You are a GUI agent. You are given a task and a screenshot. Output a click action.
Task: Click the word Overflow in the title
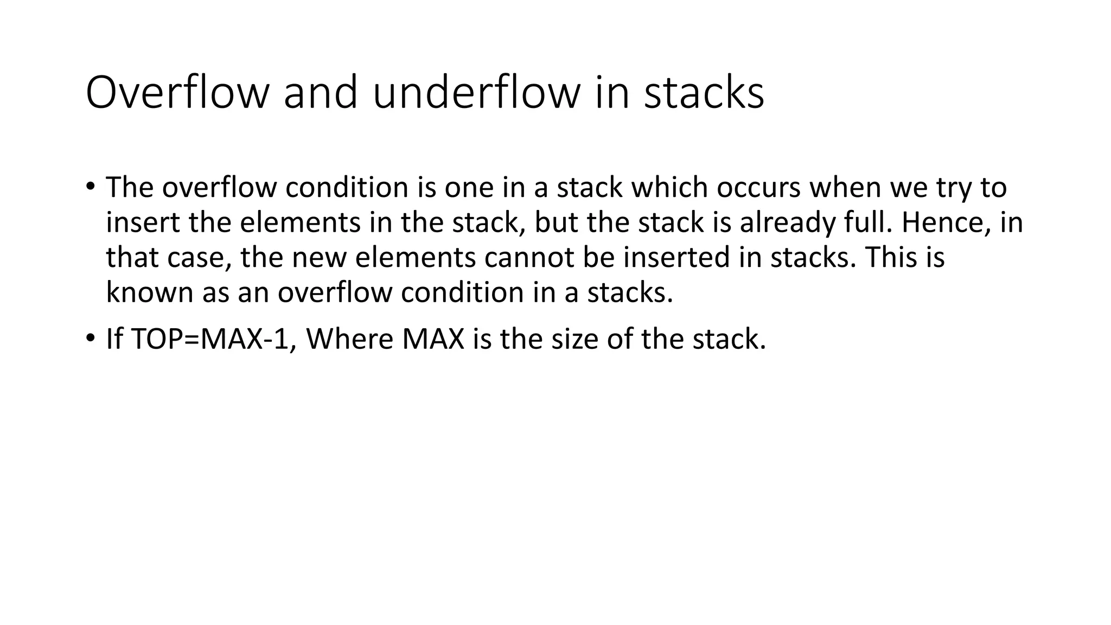point(177,93)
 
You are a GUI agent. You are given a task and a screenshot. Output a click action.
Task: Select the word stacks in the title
point(704,93)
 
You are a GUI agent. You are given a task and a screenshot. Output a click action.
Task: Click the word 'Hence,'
point(943,223)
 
